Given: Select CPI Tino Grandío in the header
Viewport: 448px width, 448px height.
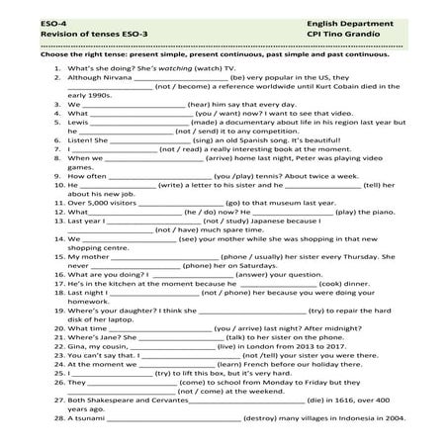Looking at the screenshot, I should click(322, 33).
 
